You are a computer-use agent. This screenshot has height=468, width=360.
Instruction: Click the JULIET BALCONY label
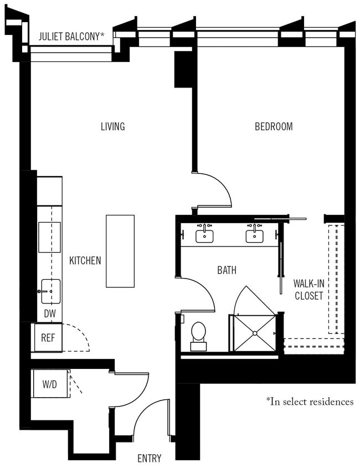tap(71, 37)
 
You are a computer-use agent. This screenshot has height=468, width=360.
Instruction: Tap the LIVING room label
tap(112, 127)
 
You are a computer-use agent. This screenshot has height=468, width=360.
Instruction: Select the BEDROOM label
tap(274, 127)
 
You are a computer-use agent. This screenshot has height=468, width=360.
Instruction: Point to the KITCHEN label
tap(85, 260)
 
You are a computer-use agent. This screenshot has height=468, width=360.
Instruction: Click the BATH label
tap(227, 270)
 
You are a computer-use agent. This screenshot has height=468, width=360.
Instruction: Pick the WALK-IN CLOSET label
tap(308, 290)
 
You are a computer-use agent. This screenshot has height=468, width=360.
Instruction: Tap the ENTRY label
tap(150, 458)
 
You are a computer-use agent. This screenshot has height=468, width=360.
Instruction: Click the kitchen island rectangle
tap(120, 251)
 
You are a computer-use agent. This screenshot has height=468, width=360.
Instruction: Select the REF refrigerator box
tap(48, 338)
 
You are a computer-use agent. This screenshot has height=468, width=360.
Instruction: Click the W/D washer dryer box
tap(50, 384)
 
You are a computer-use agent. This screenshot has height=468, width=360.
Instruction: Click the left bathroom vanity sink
tap(205, 235)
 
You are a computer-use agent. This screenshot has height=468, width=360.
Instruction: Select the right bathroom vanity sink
tap(255, 235)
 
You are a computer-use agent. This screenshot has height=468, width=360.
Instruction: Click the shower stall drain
tap(255, 333)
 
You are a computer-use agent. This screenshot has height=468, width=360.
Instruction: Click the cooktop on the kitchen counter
tap(50, 237)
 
